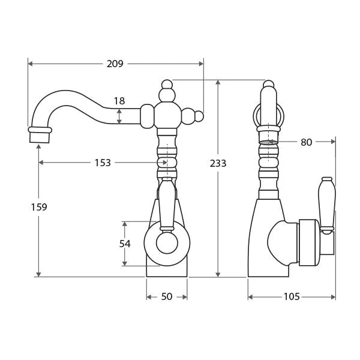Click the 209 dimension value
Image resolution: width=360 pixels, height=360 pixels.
pos(115,64)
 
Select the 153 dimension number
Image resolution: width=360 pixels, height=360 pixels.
pos(103,163)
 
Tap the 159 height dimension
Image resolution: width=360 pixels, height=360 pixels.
pos(39,207)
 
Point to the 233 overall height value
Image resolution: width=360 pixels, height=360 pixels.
pos(218,163)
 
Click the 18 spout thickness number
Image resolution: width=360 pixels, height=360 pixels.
pos(119,101)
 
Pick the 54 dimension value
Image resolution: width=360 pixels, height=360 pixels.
pos(125,244)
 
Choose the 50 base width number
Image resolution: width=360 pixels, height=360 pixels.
pos(167,297)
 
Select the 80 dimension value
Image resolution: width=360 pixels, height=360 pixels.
pos(306,142)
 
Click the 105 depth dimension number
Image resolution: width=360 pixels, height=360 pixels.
pos(292,297)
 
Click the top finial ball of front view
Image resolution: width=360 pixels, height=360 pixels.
pos(167,85)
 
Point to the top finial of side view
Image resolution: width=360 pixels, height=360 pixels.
pos(269,85)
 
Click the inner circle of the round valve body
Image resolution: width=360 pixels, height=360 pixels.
pos(167,244)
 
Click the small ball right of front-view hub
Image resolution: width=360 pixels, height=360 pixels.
pos(199,116)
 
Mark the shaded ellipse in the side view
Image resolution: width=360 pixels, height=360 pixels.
pos(269,143)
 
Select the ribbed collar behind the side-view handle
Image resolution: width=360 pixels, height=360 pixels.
pos(307,242)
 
